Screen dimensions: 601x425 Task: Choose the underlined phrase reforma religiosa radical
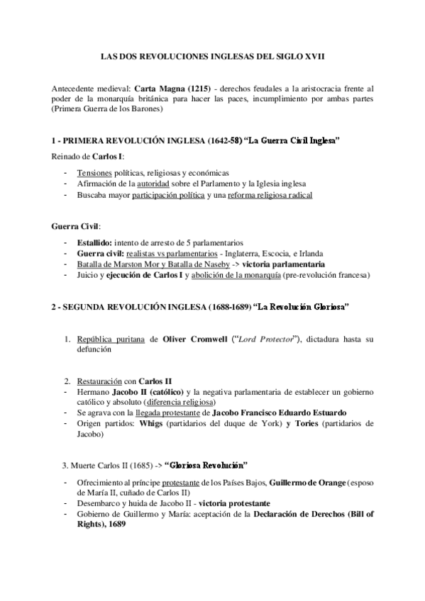pos(271,194)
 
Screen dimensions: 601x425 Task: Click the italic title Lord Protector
pos(267,339)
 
